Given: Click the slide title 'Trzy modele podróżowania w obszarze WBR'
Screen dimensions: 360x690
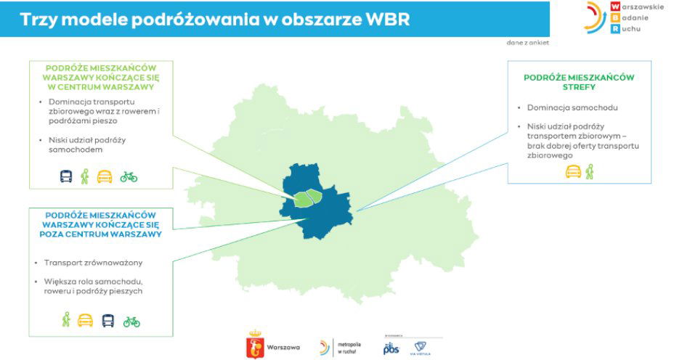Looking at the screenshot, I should (x=214, y=20).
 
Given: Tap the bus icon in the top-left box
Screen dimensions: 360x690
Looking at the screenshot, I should (x=66, y=176).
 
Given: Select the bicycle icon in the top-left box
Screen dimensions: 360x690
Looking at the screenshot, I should (x=129, y=176).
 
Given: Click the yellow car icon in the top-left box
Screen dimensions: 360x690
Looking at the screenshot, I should (x=105, y=176).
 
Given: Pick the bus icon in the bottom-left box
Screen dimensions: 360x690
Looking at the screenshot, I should (x=107, y=320).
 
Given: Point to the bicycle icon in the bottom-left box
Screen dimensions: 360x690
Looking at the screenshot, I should (x=131, y=321).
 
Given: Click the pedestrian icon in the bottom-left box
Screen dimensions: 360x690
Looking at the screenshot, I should (x=66, y=319).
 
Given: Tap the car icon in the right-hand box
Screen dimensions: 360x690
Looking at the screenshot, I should (x=573, y=172).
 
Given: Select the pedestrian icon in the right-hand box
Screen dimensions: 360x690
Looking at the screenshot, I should (x=589, y=172).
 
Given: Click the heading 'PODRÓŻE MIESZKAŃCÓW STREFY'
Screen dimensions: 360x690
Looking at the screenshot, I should (x=579, y=82).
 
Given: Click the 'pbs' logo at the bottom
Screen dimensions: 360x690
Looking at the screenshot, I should (x=391, y=348).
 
